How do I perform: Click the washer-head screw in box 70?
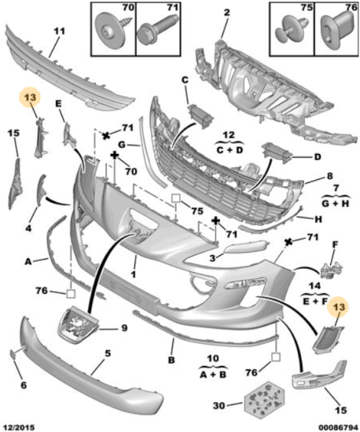[x=111, y=31]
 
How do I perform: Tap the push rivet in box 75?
[x=292, y=30]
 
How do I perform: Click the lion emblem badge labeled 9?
[x=78, y=325]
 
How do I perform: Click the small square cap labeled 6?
[x=13, y=354]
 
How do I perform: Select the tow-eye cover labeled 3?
[x=245, y=246]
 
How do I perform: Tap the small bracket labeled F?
[x=332, y=270]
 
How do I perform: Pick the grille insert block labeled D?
[x=277, y=153]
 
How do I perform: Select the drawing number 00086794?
[x=338, y=427]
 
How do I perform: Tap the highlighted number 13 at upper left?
[x=30, y=97]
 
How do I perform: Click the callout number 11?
[x=59, y=31]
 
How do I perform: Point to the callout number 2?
[x=227, y=13]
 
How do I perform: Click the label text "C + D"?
[x=230, y=151]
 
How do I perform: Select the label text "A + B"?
[x=213, y=375]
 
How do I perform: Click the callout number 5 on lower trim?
[x=108, y=353]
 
